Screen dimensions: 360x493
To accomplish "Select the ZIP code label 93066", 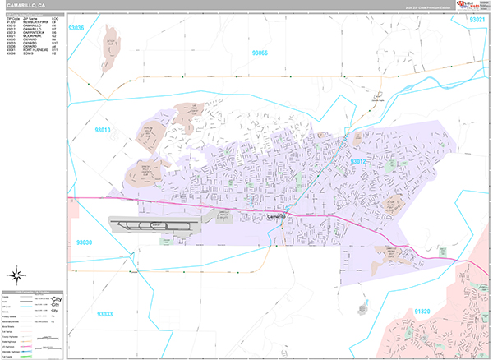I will point(260,53).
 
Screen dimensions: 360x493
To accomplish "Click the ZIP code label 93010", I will point(104,129).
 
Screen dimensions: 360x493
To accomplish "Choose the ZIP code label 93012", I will point(360,162).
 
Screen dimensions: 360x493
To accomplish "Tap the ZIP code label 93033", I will point(105,313).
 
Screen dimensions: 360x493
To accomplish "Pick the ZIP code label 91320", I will point(422,312).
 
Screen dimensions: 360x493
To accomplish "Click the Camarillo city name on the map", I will point(276,217).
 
